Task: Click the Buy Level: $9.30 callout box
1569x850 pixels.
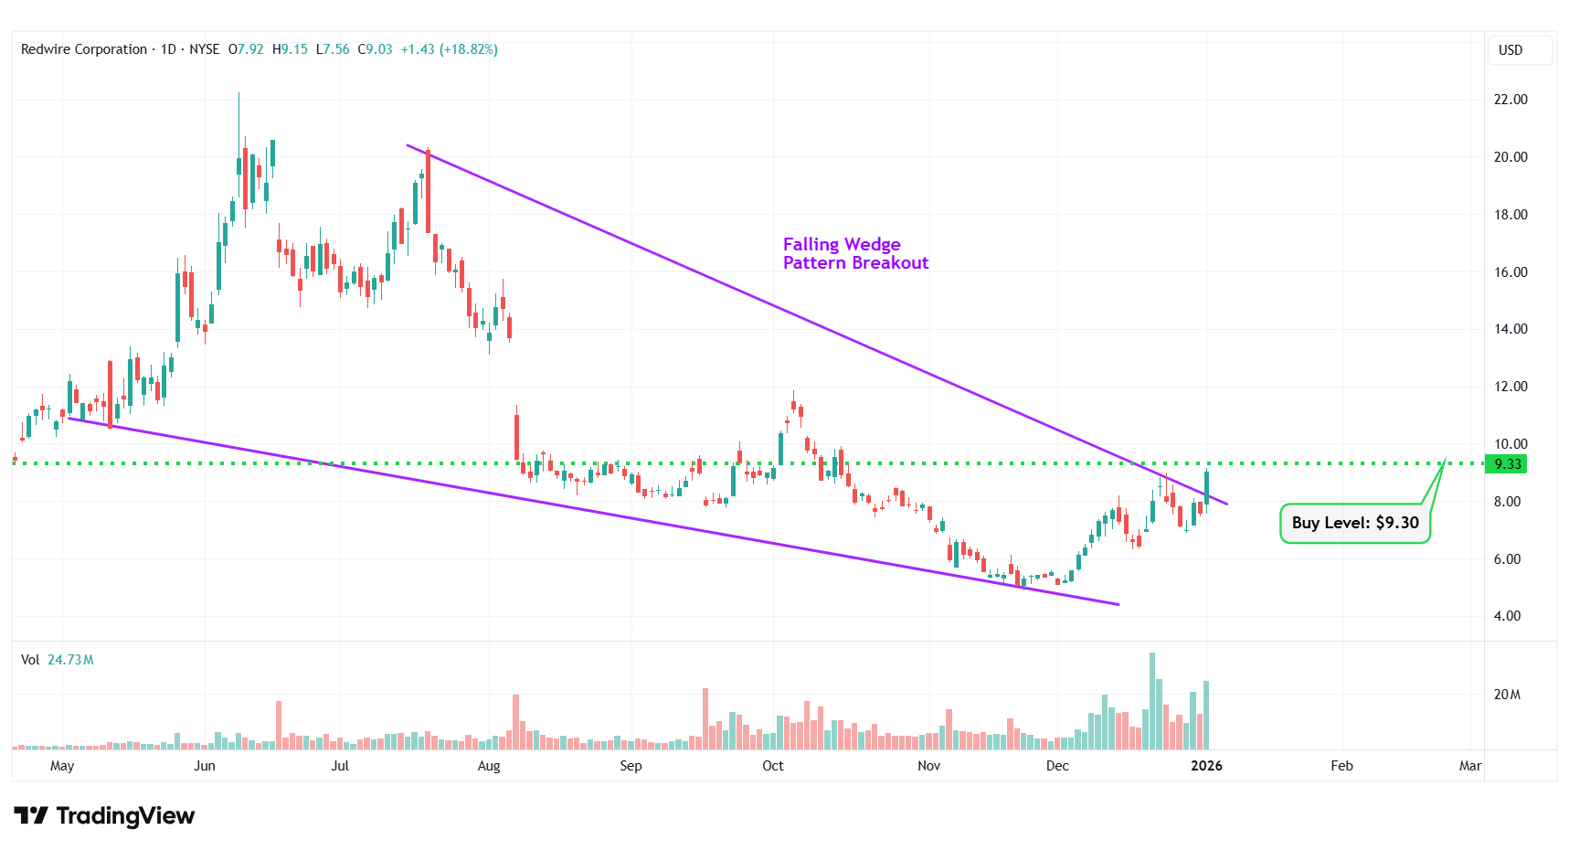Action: (1354, 523)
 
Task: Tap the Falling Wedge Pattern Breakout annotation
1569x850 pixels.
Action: (854, 253)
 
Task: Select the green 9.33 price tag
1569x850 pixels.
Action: (1506, 464)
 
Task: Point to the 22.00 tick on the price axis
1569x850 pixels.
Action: (1510, 100)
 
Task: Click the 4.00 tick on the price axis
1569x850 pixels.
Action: (1507, 616)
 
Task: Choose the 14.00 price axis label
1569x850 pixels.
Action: (1510, 329)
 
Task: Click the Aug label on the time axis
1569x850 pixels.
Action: (489, 766)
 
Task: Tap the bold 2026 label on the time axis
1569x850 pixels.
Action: (1206, 766)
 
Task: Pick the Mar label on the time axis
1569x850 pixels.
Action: (1469, 766)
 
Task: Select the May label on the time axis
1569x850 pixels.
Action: (62, 766)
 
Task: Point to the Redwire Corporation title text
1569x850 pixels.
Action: (84, 49)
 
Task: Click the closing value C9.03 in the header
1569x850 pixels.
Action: (375, 49)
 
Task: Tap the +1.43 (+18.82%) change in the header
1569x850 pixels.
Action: (450, 49)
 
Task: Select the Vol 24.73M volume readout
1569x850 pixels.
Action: (58, 660)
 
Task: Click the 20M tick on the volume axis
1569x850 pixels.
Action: (1507, 695)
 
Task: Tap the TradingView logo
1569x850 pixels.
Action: (104, 815)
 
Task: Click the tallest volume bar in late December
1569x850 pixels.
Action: (1152, 700)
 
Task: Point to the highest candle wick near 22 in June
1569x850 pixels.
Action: (239, 95)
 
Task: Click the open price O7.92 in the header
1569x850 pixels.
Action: (246, 49)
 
